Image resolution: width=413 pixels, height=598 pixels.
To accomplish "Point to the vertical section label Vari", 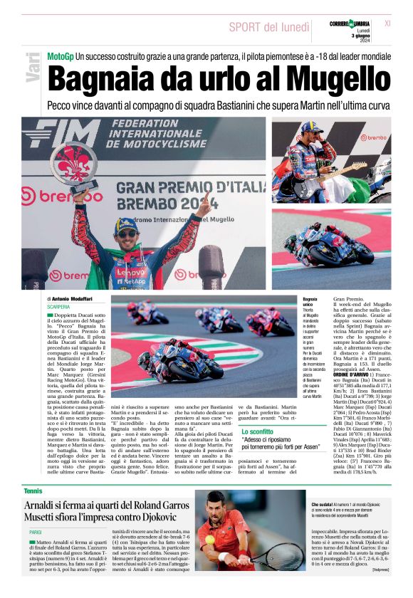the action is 32,68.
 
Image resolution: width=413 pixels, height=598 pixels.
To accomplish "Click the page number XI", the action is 387,23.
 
